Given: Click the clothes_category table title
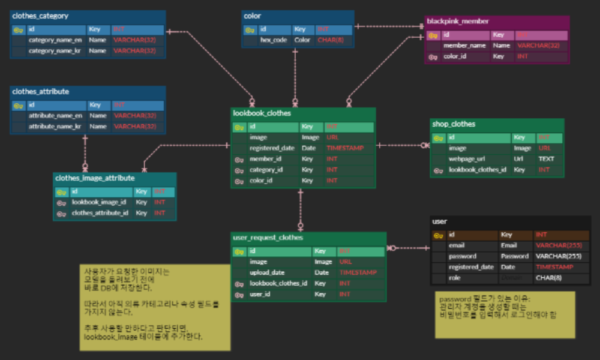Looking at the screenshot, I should pyautogui.click(x=40, y=16).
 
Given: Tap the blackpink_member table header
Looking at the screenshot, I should pyautogui.click(x=454, y=22).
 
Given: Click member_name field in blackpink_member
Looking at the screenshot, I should pyautogui.click(x=465, y=46).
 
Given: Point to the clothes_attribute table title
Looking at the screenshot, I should pyautogui.click(x=40, y=92).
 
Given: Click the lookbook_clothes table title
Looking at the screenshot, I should pyautogui.click(x=262, y=113).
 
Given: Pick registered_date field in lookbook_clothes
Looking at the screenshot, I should pyautogui.click(x=272, y=148).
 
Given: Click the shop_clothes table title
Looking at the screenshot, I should pyautogui.click(x=453, y=124).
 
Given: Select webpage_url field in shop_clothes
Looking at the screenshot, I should pyautogui.click(x=467, y=159).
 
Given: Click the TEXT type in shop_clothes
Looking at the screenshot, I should pyautogui.click(x=546, y=159).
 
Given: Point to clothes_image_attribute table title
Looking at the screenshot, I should pyautogui.click(x=95, y=178).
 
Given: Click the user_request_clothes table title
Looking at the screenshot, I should pyautogui.click(x=268, y=238).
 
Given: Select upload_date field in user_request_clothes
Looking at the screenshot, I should pyautogui.click(x=267, y=272).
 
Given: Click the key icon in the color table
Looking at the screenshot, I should pyautogui.click(x=250, y=29).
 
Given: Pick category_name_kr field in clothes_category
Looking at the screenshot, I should pyautogui.click(x=55, y=51).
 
